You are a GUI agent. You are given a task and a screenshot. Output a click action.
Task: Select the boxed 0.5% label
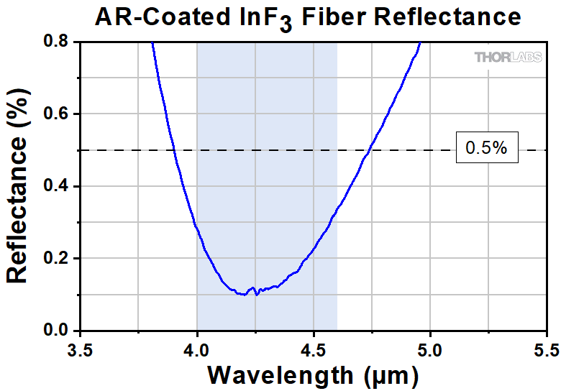pyautogui.click(x=487, y=149)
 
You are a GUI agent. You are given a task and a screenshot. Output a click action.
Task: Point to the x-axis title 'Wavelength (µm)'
pyautogui.click(x=313, y=375)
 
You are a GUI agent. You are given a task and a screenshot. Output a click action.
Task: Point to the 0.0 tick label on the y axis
pyautogui.click(x=56, y=331)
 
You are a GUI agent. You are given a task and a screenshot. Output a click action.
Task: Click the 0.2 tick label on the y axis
pyautogui.click(x=56, y=258)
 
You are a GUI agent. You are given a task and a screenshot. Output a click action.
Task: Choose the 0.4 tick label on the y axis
pyautogui.click(x=56, y=186)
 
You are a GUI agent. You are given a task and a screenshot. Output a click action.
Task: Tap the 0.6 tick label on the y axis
pyautogui.click(x=56, y=114)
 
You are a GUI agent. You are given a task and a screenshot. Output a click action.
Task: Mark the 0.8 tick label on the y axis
pyautogui.click(x=56, y=42)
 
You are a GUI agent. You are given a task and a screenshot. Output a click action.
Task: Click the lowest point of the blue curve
pyautogui.click(x=245, y=295)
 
